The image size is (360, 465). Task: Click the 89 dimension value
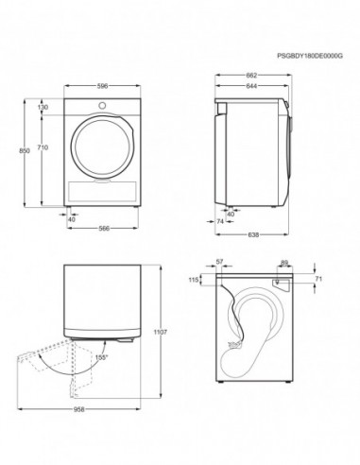click(x=283, y=264)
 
